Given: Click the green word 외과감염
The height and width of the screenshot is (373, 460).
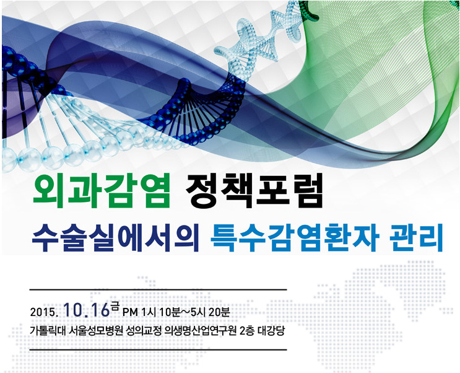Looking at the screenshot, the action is point(102,190).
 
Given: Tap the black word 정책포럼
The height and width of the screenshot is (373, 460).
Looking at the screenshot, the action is point(254,190).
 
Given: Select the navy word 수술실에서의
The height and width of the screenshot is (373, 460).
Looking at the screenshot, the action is point(116,237).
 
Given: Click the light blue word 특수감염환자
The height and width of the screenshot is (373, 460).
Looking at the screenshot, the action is point(295,237).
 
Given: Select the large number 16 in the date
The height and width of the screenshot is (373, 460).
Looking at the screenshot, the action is point(100,310).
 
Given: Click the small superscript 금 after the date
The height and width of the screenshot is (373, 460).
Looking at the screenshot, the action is point(115,307).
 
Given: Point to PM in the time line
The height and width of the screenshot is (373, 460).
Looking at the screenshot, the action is point(130,312).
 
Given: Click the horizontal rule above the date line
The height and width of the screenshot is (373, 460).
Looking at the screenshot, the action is point(158,290).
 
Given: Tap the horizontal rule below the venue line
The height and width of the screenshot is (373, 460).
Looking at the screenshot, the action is point(158,350).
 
